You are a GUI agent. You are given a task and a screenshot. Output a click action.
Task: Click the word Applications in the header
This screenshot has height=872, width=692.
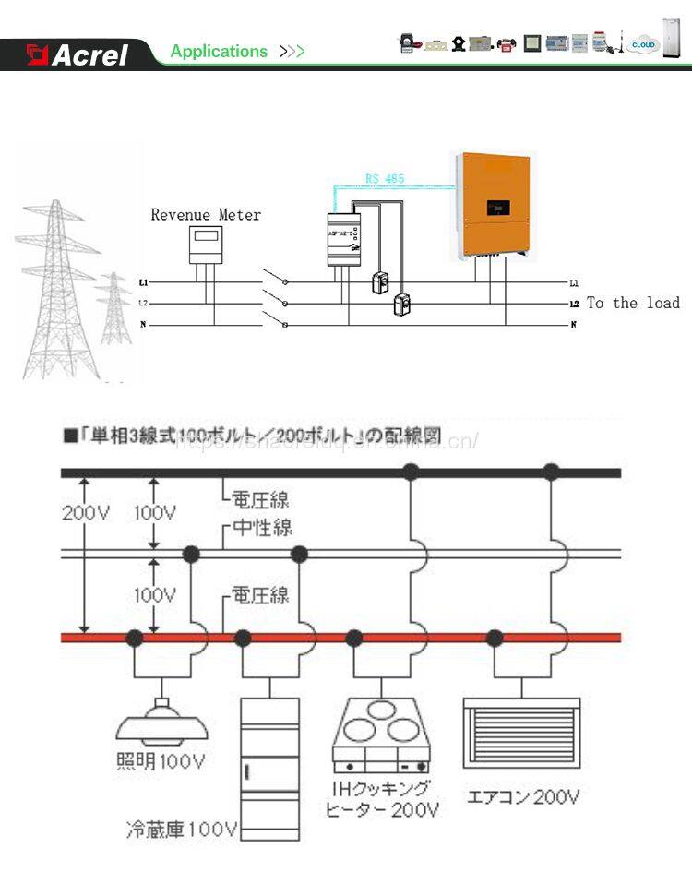[x=219, y=52]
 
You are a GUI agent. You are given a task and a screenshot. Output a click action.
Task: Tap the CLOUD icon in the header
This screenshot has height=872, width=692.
[x=644, y=44]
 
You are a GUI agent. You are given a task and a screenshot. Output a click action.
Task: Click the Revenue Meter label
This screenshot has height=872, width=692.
[x=206, y=215]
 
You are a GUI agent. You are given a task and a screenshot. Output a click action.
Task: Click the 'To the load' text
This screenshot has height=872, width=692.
[x=633, y=303]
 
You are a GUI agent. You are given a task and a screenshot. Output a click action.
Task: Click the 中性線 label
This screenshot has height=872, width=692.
[x=262, y=528]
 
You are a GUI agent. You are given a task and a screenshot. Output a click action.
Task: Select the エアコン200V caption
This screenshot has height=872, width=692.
[x=523, y=796]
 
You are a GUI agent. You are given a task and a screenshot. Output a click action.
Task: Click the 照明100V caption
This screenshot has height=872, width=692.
[x=161, y=762]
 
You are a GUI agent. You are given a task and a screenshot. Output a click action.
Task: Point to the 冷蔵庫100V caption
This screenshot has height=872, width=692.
[x=182, y=829]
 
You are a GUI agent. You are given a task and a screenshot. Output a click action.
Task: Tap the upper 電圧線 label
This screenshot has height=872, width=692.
[x=259, y=500]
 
